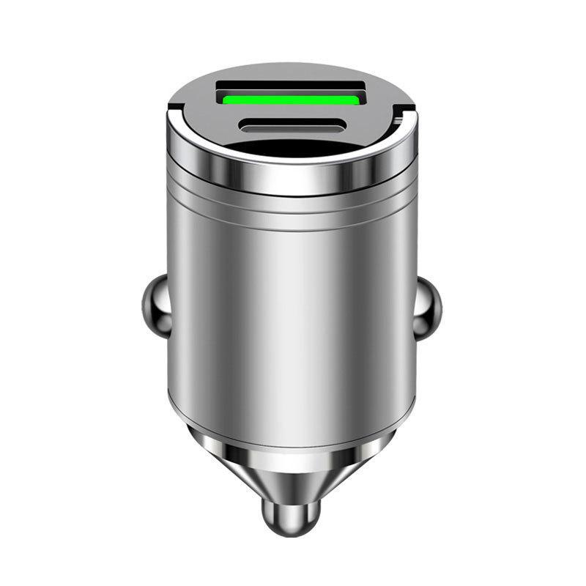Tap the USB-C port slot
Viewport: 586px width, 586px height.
coord(291,126)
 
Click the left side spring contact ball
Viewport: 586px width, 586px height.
coord(153,301)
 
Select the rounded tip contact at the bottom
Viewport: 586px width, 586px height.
coord(292,513)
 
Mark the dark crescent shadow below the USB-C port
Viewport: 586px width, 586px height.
coord(292,147)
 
